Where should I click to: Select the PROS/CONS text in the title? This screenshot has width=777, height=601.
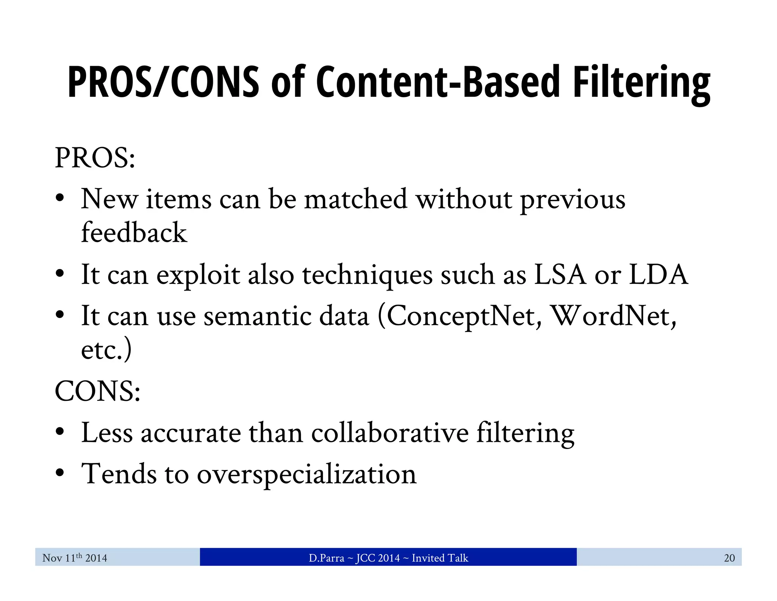coord(164,83)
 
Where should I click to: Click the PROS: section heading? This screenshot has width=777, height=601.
coord(95,158)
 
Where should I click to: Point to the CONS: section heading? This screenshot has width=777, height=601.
coord(98,391)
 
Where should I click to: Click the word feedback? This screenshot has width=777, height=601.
coord(134,232)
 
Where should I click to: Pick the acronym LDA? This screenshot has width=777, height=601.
coord(658,274)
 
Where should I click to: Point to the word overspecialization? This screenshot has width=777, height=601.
coord(307,474)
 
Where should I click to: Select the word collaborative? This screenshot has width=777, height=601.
coord(390,433)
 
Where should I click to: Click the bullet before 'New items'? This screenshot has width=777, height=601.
coord(60,198)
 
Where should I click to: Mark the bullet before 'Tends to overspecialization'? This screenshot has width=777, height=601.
coord(60,473)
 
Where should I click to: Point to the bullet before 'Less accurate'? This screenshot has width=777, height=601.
coord(60,432)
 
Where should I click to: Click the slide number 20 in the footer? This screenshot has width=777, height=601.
coord(729,558)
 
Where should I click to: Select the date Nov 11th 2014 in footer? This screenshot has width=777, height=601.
coord(75,558)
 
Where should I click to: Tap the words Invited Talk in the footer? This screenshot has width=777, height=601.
coord(440,558)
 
